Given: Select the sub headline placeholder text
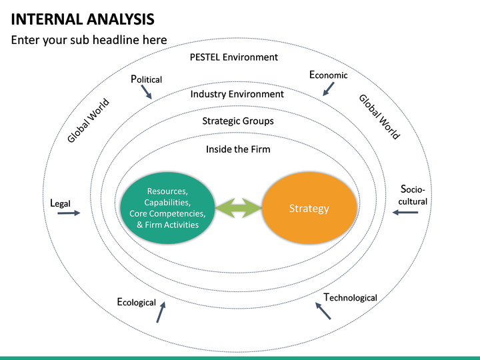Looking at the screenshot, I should point(89,41).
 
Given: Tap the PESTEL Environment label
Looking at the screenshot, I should point(233,57).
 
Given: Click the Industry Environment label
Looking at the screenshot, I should point(237,94).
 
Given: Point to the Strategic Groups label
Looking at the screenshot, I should point(238,121).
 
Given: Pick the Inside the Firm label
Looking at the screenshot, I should point(238,149).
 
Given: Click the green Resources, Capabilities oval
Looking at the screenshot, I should point(167,207).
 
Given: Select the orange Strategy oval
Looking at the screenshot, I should point(309,209).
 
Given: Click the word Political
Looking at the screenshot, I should point(147,79).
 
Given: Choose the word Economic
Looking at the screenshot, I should point(329,75).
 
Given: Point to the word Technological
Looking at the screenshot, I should point(350,297).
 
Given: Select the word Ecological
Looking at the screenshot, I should point(137,302).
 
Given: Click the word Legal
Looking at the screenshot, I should point(60,203).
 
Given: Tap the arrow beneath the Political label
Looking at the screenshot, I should point(147,93).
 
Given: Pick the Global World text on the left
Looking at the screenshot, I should point(88,121).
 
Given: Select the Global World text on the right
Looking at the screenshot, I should point(379,117).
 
